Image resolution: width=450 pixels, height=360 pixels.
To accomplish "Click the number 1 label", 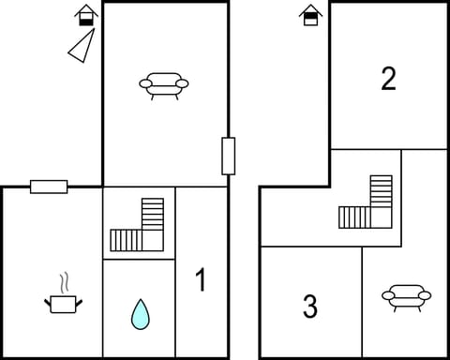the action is pos(200,280).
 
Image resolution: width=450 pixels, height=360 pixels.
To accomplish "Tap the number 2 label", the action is pos(389,80).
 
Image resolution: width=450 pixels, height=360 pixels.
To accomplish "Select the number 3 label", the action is pos(310,307).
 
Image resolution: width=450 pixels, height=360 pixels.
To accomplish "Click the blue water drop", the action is pos(140,314).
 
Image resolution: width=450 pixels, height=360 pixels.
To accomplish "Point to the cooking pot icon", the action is pos(64,303).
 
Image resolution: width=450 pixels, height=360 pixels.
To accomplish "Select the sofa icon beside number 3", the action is pos(406,297).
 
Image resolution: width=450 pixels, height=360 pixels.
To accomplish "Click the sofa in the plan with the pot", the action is pos(164,86).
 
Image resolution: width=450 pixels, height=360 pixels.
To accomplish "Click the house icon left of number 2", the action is pos(308,15).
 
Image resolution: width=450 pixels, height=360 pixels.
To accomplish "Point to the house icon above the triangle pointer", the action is pos(86,15).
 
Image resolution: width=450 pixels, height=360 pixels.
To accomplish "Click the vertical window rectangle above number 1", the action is pos(228,156).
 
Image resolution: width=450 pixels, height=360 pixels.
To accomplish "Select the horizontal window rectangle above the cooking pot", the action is pos(49,187).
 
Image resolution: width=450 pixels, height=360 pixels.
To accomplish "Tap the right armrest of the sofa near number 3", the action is pos(426,296).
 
